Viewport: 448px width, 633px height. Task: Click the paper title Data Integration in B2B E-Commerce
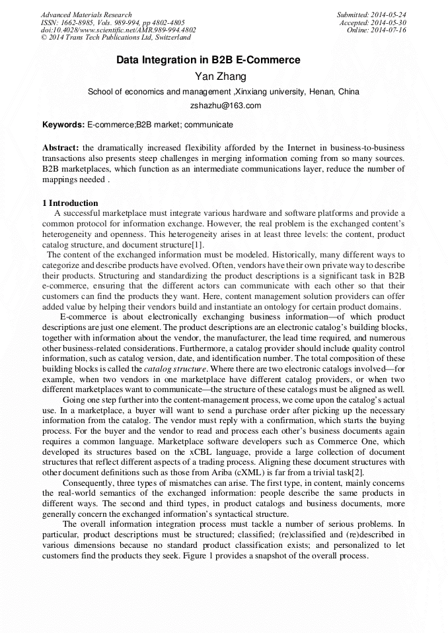[x=208, y=60]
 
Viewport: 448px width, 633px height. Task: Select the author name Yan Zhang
[x=224, y=77]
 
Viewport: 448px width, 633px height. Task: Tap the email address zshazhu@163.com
[x=225, y=105]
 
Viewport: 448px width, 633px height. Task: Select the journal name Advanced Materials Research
[x=86, y=15]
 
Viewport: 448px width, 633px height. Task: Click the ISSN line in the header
[x=112, y=22]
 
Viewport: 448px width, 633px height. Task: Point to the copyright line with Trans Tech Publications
[x=116, y=38]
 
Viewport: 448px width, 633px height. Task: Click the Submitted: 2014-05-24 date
[x=371, y=15]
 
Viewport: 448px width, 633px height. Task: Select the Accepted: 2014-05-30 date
[x=373, y=22]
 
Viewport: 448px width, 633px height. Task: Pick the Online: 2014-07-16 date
[x=377, y=30]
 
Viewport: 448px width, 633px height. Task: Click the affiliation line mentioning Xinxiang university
[x=223, y=92]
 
